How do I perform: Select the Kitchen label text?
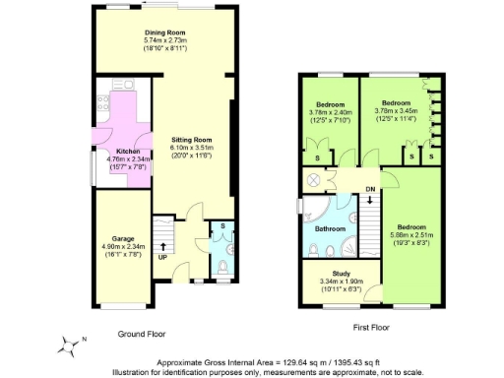pos(113,151)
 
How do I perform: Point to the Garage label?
pos(123,238)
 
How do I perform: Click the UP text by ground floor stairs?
pos(162,258)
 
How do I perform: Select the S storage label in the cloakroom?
pos(223,227)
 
